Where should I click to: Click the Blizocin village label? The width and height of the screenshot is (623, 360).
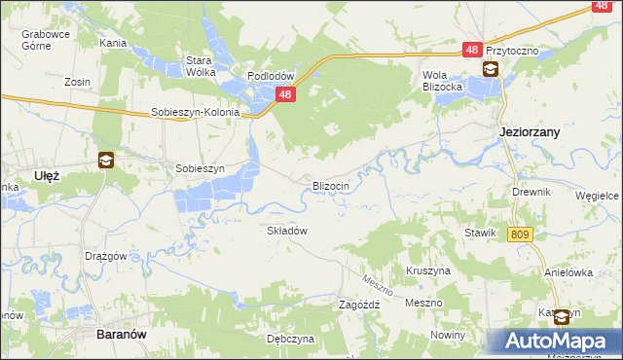[x=330, y=185]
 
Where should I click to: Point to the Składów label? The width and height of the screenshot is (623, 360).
[x=287, y=231]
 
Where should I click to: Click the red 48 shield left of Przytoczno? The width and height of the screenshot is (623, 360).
[x=472, y=50]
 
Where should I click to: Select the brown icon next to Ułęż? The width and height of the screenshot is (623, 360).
[x=105, y=162]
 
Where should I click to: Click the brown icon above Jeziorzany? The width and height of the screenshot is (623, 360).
[x=491, y=69]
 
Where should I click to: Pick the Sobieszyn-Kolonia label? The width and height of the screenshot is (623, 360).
[x=195, y=112]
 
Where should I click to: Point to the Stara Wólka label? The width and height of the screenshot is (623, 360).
[x=200, y=65]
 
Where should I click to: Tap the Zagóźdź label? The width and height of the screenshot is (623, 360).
[x=358, y=304]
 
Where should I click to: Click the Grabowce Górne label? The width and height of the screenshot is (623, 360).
[x=44, y=39]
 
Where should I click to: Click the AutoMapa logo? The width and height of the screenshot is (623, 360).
[x=553, y=341]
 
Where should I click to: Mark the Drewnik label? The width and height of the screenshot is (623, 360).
[x=531, y=192]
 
